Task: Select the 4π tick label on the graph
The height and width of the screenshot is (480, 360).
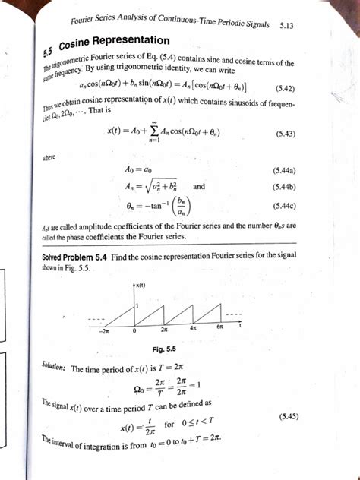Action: [193, 328]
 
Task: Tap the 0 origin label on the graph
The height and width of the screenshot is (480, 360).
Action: [134, 330]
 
